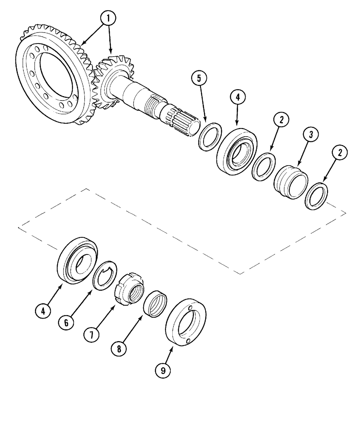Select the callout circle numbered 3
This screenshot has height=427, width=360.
click(x=311, y=135)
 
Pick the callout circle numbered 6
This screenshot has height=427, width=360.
click(x=66, y=322)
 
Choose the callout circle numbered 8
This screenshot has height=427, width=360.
click(x=119, y=348)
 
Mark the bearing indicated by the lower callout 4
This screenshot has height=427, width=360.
click(x=77, y=259)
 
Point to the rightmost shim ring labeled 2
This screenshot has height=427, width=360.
click(x=317, y=196)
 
